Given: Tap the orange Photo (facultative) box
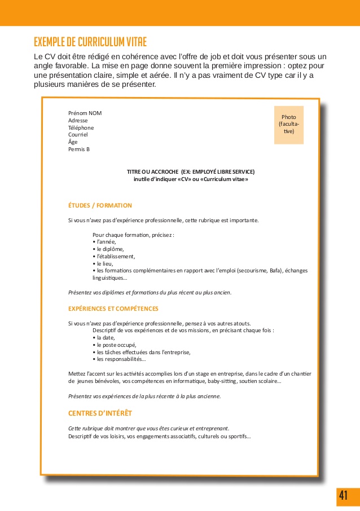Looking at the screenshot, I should [288, 125].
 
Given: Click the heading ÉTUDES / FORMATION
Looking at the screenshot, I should [100, 205].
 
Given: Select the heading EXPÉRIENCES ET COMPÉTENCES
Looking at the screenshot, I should [113, 309].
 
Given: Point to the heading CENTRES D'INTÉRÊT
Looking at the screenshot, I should [100, 413].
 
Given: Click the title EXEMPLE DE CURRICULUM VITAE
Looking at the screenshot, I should [90, 42].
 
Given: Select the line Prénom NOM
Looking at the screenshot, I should [85, 113].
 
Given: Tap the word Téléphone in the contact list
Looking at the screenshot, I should [81, 127].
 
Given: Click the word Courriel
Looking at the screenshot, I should [78, 135].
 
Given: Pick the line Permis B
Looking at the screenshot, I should [79, 149].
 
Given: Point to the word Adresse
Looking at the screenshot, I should [78, 120].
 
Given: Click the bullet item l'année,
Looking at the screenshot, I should [106, 241].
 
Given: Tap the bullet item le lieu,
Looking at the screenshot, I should [104, 263].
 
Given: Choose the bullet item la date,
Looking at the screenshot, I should [106, 337].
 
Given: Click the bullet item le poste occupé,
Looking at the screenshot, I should [116, 345].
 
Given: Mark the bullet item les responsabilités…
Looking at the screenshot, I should [121, 359].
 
